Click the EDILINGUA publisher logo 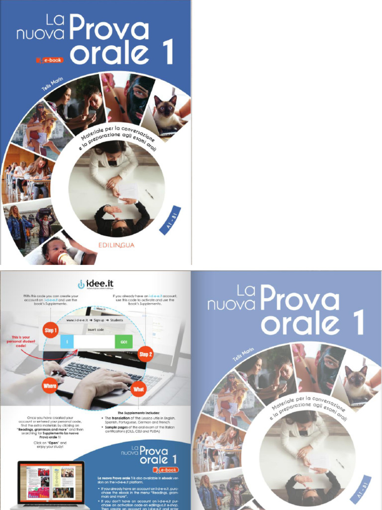[x=116, y=245]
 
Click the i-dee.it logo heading [x=95, y=284]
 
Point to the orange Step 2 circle [x=145, y=354]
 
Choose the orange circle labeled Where [x=50, y=385]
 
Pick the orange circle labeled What [x=139, y=388]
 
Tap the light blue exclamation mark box [x=67, y=342]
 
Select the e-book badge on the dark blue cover [x=50, y=60]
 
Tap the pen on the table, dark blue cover [x=149, y=194]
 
